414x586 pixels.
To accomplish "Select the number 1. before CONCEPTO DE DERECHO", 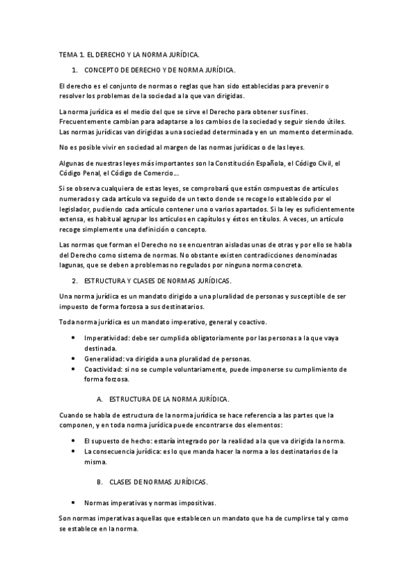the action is pyautogui.click(x=75, y=70).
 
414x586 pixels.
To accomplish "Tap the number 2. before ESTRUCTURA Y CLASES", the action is pyautogui.click(x=75, y=281).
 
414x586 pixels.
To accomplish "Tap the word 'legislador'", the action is pyautogui.click(x=77, y=209).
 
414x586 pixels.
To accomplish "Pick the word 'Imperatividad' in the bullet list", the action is pyautogui.click(x=106, y=338).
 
